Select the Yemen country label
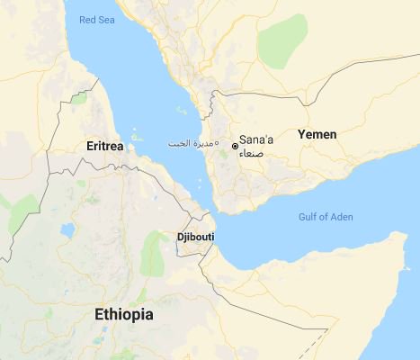317,134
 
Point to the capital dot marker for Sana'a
235,145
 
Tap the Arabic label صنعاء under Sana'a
253,154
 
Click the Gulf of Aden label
325,217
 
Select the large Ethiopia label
124,315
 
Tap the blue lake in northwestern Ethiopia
67,231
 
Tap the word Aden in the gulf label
341,217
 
